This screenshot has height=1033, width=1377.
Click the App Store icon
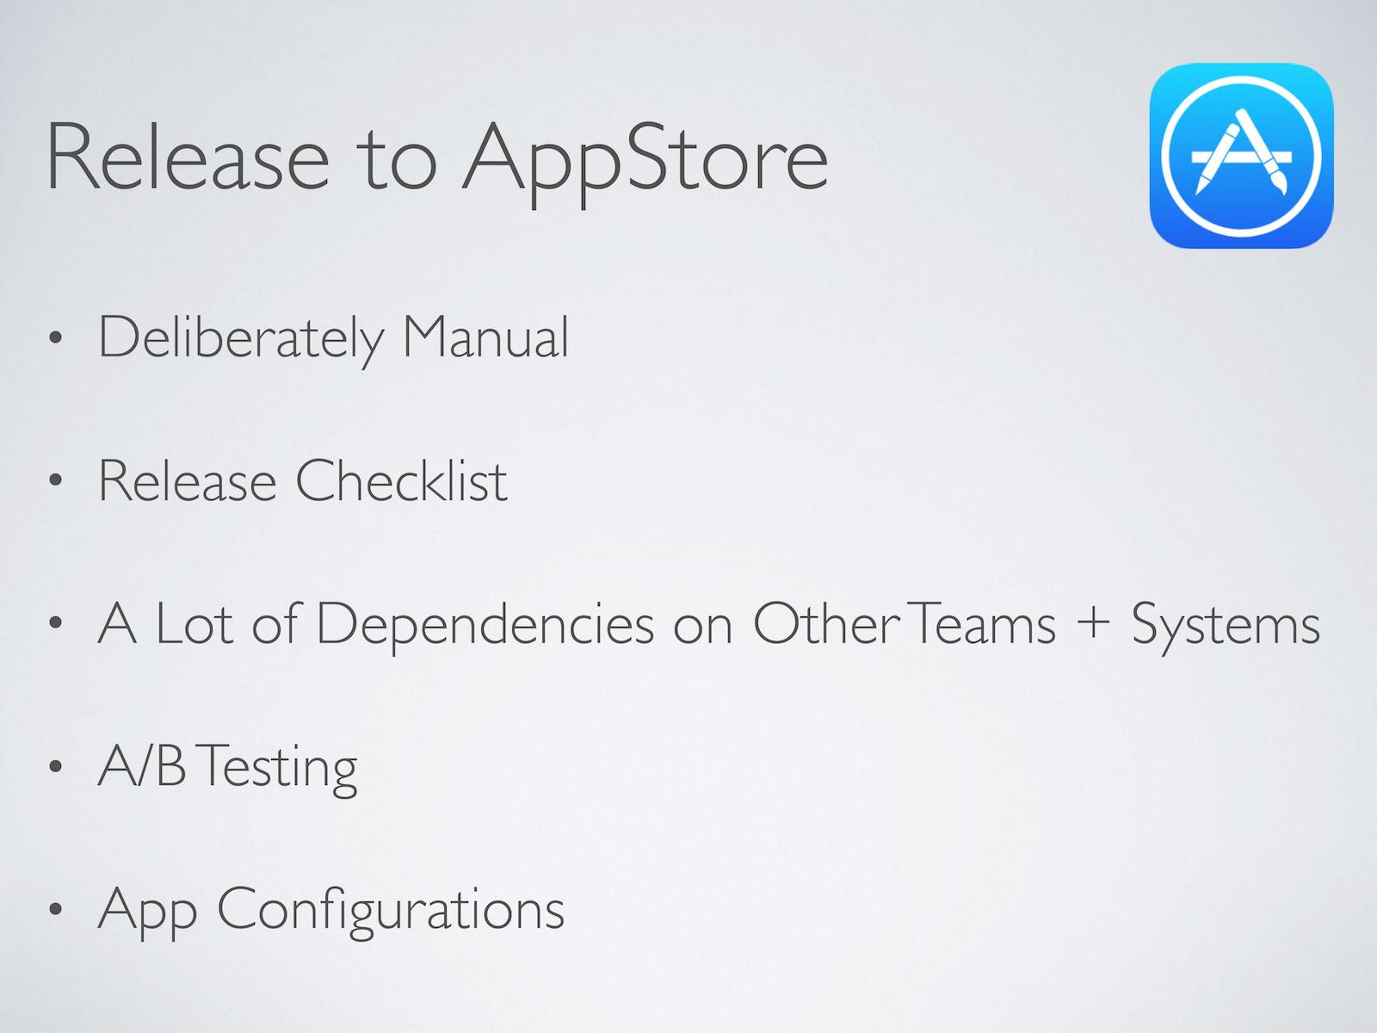pos(1242,156)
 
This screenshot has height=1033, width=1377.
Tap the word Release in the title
pos(188,156)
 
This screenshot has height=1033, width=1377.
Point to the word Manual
pos(485,337)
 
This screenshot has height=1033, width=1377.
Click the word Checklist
pos(401,480)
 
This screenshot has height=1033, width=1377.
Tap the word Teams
pos(981,624)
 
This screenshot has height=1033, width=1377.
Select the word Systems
pos(1226,628)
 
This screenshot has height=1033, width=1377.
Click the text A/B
pos(142,766)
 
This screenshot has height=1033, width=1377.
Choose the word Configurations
pos(390,912)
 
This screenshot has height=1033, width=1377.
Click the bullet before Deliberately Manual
pos(56,338)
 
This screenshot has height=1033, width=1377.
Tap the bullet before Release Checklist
pos(56,480)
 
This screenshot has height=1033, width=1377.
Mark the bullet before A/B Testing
pos(56,766)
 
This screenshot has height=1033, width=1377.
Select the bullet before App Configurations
pos(56,909)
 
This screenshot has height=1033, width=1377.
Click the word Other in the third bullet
pos(826,622)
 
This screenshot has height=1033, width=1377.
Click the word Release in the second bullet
pos(188,481)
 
